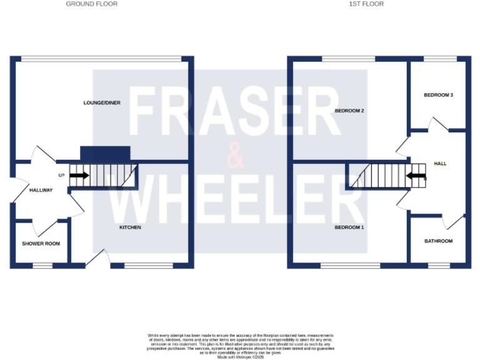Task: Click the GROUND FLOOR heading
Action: tap(91, 4)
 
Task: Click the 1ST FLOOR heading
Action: tap(366, 4)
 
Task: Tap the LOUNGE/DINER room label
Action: tap(102, 102)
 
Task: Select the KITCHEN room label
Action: tap(131, 227)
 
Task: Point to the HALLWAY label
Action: tap(41, 190)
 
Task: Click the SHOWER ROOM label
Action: tap(41, 244)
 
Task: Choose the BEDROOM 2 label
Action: tap(349, 111)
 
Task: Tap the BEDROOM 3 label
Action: tap(438, 95)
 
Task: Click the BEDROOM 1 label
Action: tap(349, 227)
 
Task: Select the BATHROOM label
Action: tap(438, 241)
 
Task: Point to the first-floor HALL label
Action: tap(440, 164)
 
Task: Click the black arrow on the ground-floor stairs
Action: tap(79, 176)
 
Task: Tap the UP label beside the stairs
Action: tap(61, 176)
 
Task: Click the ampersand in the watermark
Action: tap(235, 156)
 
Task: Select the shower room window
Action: tap(42, 266)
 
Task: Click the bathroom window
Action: tap(437, 266)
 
